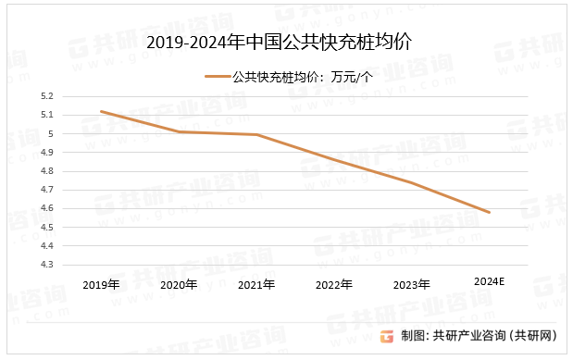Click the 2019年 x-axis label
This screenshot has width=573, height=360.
(x=101, y=284)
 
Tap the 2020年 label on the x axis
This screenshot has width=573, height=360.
(x=179, y=284)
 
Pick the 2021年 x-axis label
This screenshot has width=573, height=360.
(x=256, y=284)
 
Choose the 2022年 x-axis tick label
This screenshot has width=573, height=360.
(x=333, y=284)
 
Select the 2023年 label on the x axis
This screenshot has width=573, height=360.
(x=411, y=284)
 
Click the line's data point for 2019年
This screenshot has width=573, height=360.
(x=101, y=111)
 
